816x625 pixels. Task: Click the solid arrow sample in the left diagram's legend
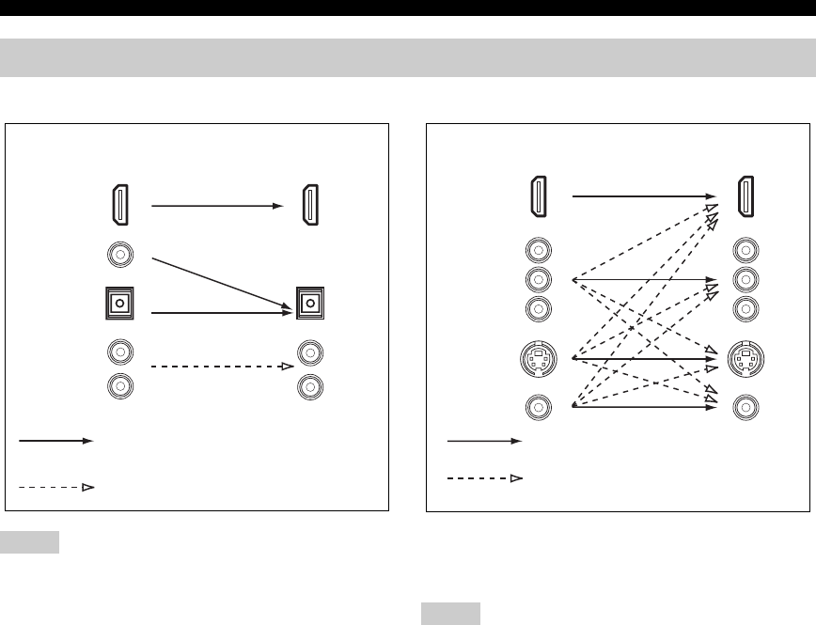coord(55,440)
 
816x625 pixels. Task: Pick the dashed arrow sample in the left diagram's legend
coord(55,488)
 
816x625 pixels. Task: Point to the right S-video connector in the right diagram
coord(745,358)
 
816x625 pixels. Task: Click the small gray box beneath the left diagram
coord(29,542)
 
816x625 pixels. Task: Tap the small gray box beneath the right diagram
coord(450,615)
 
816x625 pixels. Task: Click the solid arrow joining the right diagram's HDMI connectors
coord(639,196)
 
